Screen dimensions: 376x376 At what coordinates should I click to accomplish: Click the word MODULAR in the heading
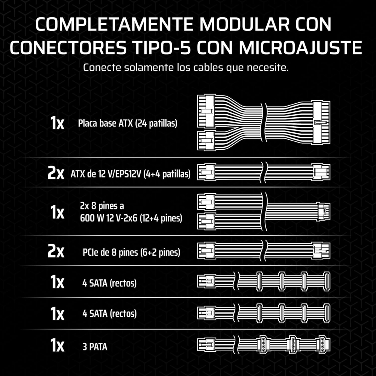point(244,24)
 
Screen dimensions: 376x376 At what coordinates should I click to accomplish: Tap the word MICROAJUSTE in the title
point(300,47)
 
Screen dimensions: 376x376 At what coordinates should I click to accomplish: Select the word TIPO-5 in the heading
point(162,47)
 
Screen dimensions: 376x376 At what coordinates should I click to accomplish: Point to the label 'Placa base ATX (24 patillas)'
point(127,123)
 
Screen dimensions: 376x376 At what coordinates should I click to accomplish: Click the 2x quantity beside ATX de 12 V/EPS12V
point(56,173)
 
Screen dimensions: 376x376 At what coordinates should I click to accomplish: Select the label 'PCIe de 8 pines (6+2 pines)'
point(131,252)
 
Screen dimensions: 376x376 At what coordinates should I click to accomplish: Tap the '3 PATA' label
point(95,347)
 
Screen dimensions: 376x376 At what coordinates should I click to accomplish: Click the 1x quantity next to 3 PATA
point(57,345)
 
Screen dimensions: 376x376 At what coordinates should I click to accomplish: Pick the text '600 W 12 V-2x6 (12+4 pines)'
point(131,218)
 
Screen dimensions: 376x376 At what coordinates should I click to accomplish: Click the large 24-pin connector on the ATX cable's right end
point(321,123)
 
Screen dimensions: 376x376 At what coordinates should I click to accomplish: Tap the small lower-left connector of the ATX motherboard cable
point(206,141)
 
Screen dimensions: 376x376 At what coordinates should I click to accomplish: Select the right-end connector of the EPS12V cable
point(321,172)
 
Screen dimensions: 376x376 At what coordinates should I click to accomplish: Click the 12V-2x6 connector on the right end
point(323,212)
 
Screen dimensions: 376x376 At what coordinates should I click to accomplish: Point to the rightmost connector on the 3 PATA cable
point(322,345)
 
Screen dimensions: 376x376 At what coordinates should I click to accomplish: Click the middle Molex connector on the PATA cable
point(293,345)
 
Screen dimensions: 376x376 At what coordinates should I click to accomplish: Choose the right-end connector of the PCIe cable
point(321,250)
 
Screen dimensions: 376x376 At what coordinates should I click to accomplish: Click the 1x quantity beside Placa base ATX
point(57,123)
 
